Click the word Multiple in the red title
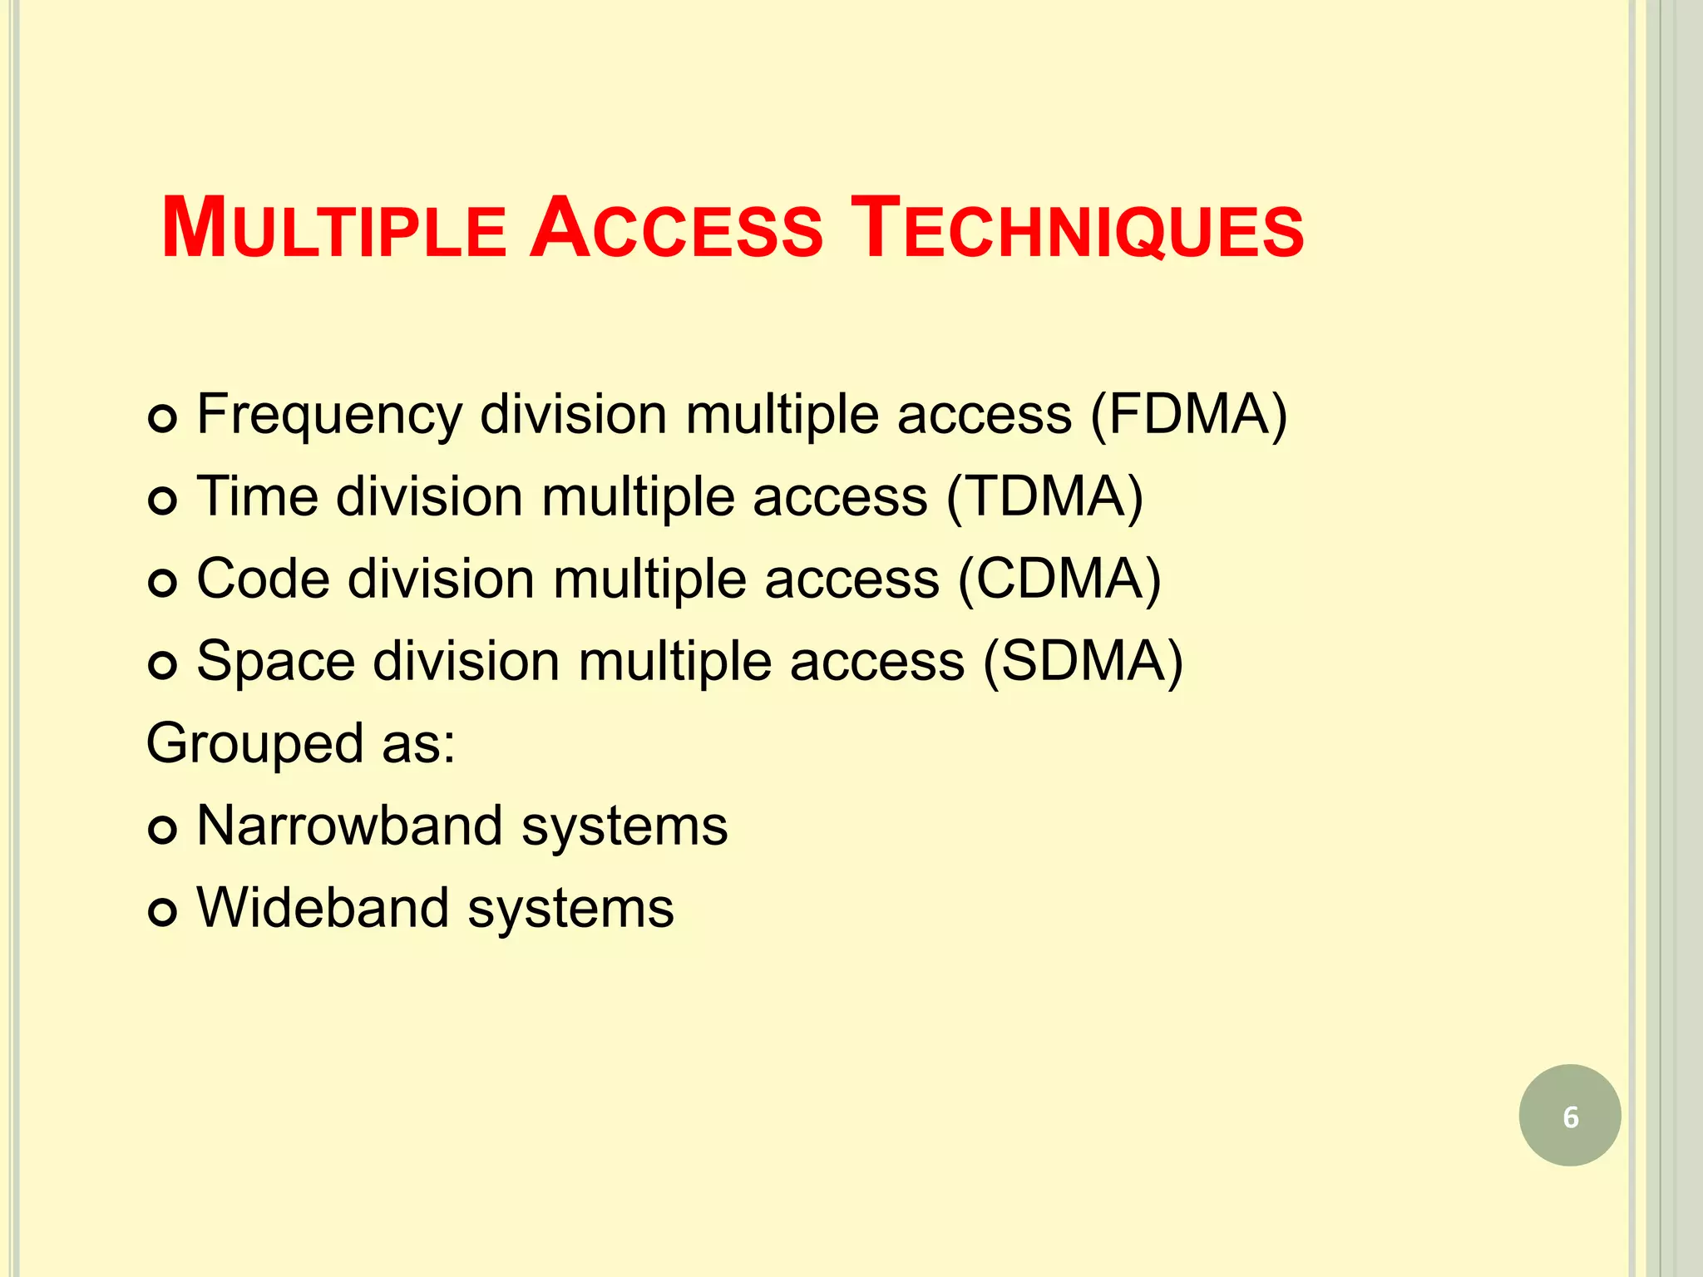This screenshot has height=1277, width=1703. click(333, 229)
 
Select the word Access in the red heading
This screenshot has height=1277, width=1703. click(676, 229)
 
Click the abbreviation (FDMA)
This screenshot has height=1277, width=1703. click(1188, 414)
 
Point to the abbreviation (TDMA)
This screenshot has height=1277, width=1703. click(1044, 496)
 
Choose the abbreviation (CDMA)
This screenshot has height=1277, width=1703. click(1059, 579)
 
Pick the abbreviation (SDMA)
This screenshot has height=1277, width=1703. click(1083, 661)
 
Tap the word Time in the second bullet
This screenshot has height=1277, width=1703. click(257, 496)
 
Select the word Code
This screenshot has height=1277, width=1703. click(264, 579)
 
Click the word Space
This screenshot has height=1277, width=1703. click(275, 663)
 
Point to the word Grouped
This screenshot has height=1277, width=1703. click(254, 744)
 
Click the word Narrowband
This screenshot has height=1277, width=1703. click(349, 826)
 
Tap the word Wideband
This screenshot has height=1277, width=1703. click(322, 907)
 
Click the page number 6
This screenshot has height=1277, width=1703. click(1570, 1117)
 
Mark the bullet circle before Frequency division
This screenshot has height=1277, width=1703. click(162, 417)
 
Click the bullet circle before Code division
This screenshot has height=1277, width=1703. click(162, 582)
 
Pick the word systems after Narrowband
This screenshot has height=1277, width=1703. click(624, 827)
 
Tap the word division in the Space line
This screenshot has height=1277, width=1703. click(466, 661)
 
